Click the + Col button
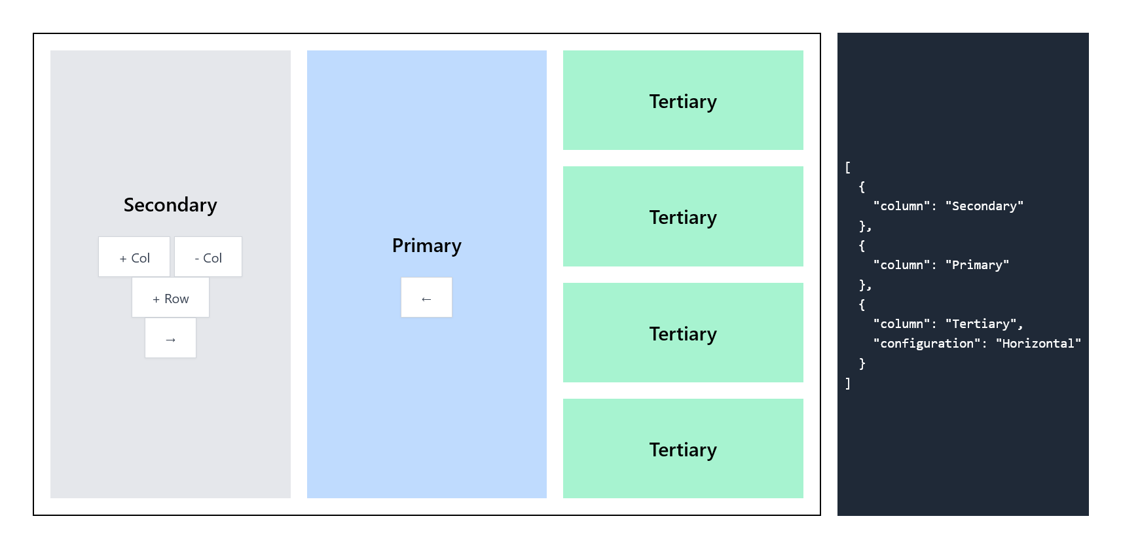(134, 257)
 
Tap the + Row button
(170, 298)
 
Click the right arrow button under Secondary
(170, 338)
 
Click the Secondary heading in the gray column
(170, 205)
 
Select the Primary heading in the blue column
(426, 246)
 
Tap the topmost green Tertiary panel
(683, 101)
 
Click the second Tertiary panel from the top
(683, 217)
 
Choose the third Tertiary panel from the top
(683, 333)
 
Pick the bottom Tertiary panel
(683, 449)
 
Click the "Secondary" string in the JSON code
(984, 206)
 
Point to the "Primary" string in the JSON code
(977, 265)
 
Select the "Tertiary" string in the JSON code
(981, 324)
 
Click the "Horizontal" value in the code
(1038, 344)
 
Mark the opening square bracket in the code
(848, 168)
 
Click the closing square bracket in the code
(848, 384)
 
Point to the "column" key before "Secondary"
(902, 206)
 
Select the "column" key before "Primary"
(902, 265)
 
